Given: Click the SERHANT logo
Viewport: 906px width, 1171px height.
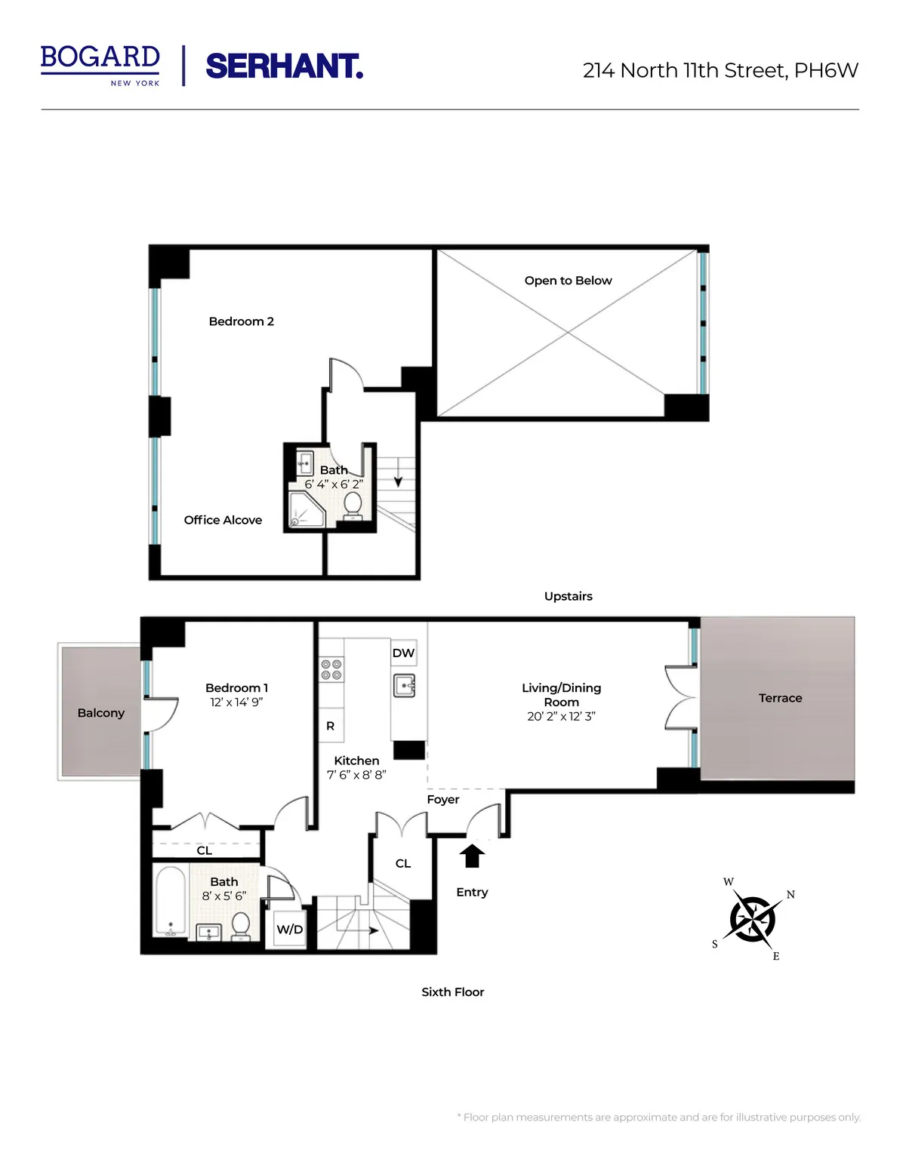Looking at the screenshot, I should pos(284,66).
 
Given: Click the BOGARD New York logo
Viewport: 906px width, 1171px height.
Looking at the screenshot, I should pos(100,64).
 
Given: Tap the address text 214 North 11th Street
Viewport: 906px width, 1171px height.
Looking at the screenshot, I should pos(720,70).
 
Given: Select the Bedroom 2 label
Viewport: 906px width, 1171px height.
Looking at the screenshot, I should pos(241,321).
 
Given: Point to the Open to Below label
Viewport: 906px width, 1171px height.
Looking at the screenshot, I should pos(568,281).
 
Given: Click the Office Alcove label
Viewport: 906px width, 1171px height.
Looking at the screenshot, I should pos(223,520).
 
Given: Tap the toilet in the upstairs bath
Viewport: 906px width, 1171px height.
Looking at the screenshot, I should pos(352,506).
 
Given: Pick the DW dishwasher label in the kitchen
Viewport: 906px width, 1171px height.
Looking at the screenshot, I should pos(403,653).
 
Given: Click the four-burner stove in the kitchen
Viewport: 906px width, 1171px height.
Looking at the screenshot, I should pos(331,669).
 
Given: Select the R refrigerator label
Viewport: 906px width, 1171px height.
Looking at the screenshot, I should pos(330,726).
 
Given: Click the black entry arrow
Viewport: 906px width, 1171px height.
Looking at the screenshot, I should pos(473,856).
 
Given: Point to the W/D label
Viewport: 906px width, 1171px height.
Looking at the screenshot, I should pos(289,930).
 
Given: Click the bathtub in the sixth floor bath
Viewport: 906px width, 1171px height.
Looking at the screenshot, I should pos(170,901).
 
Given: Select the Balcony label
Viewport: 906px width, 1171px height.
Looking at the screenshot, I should pos(100,713).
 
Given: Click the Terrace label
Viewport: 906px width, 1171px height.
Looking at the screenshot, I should pos(780,698).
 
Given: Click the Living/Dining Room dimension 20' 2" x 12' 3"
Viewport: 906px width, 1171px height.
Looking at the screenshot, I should pos(561,716).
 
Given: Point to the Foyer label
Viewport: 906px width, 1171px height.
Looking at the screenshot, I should pos(442,800).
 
